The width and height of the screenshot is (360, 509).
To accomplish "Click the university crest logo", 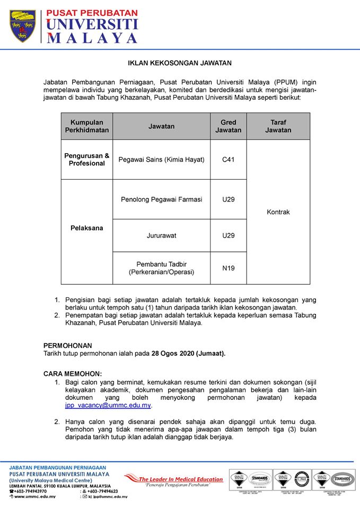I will pos(22,26).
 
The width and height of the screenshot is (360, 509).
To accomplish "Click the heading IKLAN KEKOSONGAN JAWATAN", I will pos(180,63).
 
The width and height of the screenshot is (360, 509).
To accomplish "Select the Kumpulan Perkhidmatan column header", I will pos(87,126).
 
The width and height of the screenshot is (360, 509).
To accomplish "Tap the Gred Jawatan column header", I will pos(228,126).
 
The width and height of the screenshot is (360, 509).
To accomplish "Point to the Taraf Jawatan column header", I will pos(278,126).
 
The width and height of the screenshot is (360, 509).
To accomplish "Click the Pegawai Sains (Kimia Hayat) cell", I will pos(161,160).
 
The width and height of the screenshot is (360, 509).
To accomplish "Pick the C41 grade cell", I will pos(228,160).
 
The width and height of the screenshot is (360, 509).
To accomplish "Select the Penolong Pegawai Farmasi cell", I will pos(161,199).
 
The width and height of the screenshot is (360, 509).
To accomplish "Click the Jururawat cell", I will pos(161,235).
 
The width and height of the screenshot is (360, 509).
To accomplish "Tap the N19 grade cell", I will pos(228,268).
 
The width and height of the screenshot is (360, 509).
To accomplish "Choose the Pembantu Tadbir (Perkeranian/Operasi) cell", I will pos(161,268).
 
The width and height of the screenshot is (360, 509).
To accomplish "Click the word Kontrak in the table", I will pos(278,212).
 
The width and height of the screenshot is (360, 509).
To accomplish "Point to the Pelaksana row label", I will pos(87,228).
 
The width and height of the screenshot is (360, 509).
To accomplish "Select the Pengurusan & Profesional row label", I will pos(87,160).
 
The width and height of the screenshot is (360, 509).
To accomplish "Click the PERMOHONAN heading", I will pos(67,345).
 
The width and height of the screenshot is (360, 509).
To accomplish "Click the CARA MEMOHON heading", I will pos(72,373).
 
